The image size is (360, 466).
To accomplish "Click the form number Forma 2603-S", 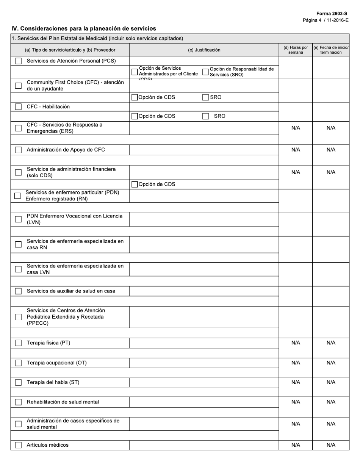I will (332, 14).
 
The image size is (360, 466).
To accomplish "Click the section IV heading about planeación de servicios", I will (83, 28).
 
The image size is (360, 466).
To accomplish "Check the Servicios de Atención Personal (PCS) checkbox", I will (18, 61).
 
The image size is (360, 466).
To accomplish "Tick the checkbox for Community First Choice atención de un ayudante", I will (18, 86).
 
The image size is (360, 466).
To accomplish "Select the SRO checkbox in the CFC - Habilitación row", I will (205, 116).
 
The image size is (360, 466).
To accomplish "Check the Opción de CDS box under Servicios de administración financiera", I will (135, 185).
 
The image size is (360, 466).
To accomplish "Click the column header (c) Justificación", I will (204, 50).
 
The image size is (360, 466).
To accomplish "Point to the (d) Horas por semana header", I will (296, 50).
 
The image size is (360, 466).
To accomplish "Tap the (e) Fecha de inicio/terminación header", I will (331, 50).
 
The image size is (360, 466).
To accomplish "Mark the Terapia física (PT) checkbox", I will (18, 343).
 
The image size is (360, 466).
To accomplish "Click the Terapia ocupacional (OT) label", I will (56, 363).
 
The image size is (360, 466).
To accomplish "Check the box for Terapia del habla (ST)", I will (18, 383).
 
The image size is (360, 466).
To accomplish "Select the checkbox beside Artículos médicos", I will (18, 445).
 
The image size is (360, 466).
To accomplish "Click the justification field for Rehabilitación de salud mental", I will (204, 402).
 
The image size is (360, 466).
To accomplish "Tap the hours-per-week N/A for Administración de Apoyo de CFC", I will (296, 150).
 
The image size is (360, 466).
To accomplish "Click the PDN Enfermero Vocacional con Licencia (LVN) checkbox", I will (18, 219).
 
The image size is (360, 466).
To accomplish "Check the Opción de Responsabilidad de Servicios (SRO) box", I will (205, 72).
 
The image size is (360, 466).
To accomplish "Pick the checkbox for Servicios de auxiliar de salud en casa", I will (18, 291).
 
